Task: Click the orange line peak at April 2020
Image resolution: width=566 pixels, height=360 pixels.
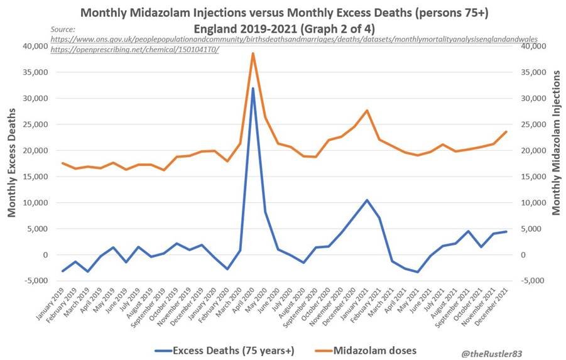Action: coord(253,53)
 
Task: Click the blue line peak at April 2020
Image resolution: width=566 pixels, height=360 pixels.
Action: coord(253,88)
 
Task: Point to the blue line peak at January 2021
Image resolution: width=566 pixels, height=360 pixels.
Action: coord(367,200)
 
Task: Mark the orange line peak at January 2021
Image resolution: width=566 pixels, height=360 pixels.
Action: coord(367,111)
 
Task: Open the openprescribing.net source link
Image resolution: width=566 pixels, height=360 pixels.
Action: coord(135,50)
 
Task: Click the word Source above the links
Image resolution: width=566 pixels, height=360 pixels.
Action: coord(63,29)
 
